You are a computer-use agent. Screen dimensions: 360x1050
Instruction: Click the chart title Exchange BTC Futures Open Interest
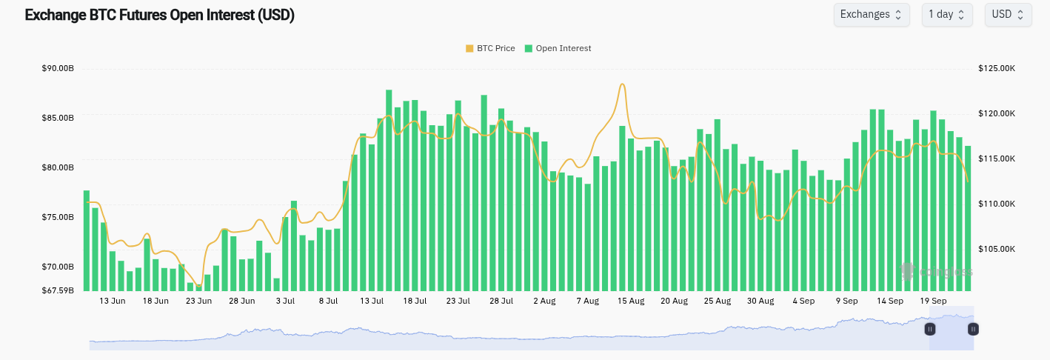click(x=159, y=16)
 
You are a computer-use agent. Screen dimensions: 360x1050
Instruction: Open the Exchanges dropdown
click(x=871, y=14)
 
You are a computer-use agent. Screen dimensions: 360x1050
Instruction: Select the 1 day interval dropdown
click(x=946, y=14)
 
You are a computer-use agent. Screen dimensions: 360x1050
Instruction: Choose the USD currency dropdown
click(x=1007, y=14)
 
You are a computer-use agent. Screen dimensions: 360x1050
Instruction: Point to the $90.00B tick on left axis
click(x=58, y=68)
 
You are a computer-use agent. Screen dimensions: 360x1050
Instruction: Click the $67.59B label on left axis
click(x=58, y=290)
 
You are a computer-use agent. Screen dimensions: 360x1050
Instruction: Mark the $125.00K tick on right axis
click(x=997, y=68)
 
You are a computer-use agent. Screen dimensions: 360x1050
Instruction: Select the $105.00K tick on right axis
click(x=997, y=249)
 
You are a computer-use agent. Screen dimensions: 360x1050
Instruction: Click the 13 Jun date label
click(x=113, y=301)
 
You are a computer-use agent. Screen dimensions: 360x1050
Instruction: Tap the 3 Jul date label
click(x=285, y=301)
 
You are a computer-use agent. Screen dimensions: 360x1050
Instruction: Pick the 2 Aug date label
click(x=544, y=301)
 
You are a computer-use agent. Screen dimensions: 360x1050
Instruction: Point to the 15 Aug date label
click(x=631, y=301)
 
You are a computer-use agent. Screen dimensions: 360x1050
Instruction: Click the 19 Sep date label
click(x=933, y=301)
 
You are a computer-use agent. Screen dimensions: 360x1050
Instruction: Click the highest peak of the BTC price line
click(x=623, y=84)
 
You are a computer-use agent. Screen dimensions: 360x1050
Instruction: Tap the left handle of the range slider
click(x=930, y=329)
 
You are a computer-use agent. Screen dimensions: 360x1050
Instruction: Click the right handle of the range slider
click(x=973, y=329)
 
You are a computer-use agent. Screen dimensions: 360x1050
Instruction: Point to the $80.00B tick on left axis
click(x=58, y=167)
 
